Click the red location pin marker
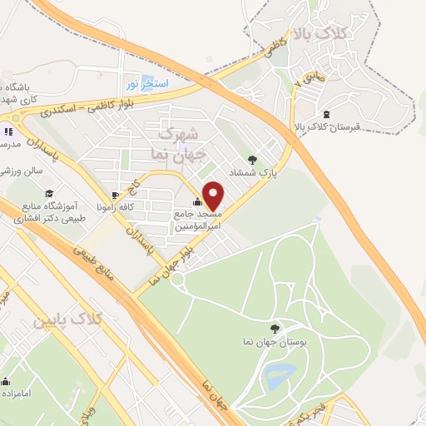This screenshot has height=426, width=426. point(213,196)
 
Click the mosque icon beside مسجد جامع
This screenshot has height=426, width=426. point(197,201)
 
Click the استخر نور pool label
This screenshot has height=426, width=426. point(148,84)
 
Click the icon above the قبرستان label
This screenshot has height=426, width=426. point(325,115)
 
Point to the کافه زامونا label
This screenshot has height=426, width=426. point(111,204)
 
